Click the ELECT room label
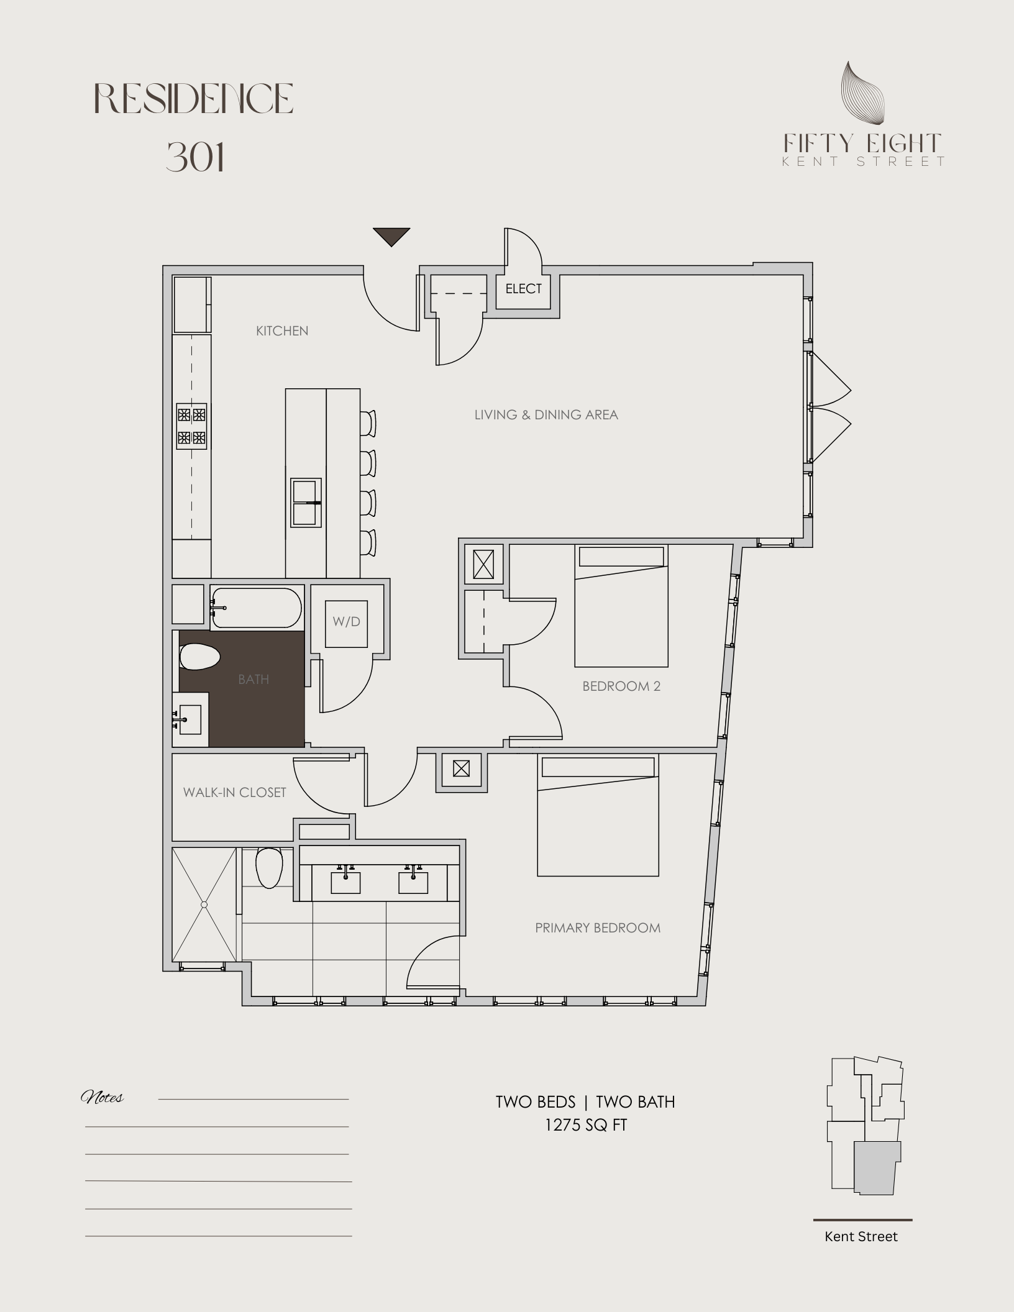pyautogui.click(x=523, y=289)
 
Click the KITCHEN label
pyautogui.click(x=282, y=331)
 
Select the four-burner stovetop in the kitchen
pyautogui.click(x=191, y=426)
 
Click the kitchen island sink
pyautogui.click(x=306, y=503)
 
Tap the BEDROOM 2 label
pyautogui.click(x=621, y=686)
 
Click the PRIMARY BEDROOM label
pyautogui.click(x=598, y=928)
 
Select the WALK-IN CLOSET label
pyautogui.click(x=234, y=793)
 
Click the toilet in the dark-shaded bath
pyautogui.click(x=200, y=657)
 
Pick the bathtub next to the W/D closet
pyautogui.click(x=257, y=608)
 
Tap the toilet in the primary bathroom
pyautogui.click(x=269, y=868)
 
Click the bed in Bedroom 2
pyautogui.click(x=621, y=606)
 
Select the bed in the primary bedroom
pyautogui.click(x=598, y=816)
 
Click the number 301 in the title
pyautogui.click(x=195, y=157)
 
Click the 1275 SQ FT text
pyautogui.click(x=586, y=1125)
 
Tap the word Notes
pyautogui.click(x=103, y=1098)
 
